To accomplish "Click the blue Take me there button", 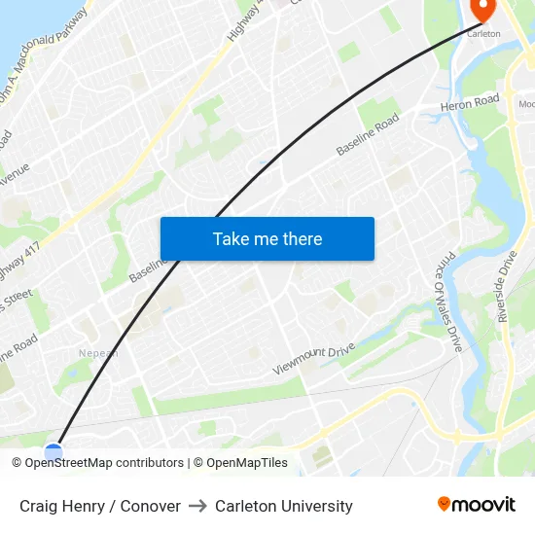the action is (x=267, y=238).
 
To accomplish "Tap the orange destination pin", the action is (x=482, y=9).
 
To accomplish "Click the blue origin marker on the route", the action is (x=53, y=450).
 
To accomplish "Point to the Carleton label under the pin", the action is (x=483, y=33).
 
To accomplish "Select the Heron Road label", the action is (x=469, y=103).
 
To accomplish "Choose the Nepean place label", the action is (x=99, y=353).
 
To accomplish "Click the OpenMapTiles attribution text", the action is (x=245, y=463).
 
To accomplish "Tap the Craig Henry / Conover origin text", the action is (x=100, y=506).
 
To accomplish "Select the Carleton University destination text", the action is (x=284, y=506).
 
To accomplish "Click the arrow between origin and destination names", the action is (x=197, y=506).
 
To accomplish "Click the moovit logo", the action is (x=476, y=505).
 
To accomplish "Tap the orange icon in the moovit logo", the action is (x=445, y=504).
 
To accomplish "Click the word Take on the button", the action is (x=231, y=238).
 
